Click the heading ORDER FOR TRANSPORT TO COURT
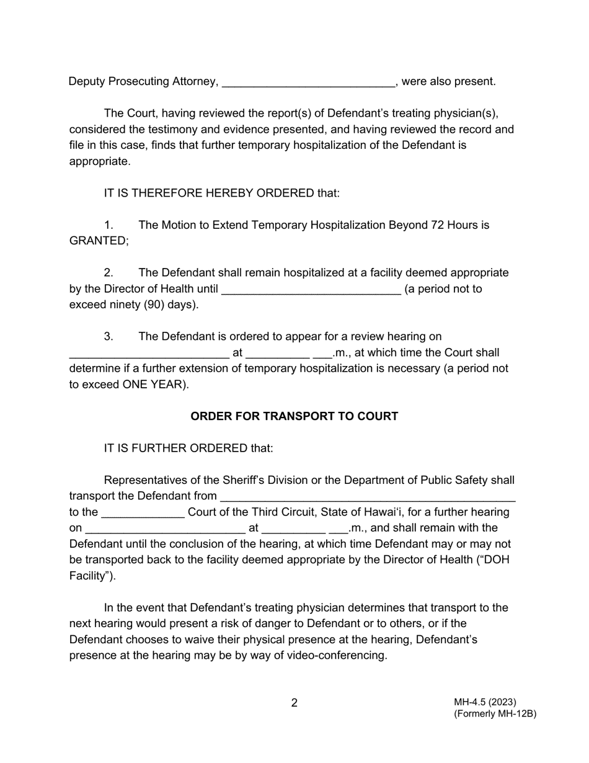(x=294, y=416)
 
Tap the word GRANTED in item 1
(x=98, y=241)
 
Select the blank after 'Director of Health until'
(x=311, y=290)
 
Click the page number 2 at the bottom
(x=294, y=703)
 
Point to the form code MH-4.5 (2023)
(x=485, y=702)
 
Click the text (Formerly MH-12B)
(x=495, y=713)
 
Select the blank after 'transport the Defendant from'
(x=368, y=497)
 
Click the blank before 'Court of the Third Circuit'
(x=143, y=513)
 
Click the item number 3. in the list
(x=108, y=336)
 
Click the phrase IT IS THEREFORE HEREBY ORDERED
(x=209, y=193)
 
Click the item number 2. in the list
(x=108, y=272)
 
